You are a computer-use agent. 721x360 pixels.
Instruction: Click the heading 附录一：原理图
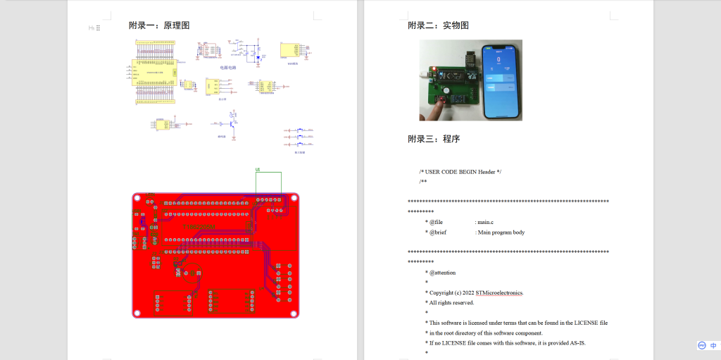coord(159,25)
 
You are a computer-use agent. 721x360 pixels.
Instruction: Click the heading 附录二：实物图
coord(438,25)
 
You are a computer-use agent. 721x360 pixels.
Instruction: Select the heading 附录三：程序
coord(434,139)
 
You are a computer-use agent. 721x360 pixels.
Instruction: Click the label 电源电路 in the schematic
coord(227,68)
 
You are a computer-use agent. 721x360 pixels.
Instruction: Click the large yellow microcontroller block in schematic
coord(155,72)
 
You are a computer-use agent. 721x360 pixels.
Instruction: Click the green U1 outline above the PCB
coord(268,182)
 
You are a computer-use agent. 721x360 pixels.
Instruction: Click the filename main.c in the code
coord(486,222)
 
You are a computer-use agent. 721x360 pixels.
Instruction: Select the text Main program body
coord(501,232)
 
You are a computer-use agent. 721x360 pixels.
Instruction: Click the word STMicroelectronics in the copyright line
coord(499,292)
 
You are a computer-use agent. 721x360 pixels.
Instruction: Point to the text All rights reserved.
coord(451,302)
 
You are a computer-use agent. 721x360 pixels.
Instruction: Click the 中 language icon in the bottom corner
coord(713,346)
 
